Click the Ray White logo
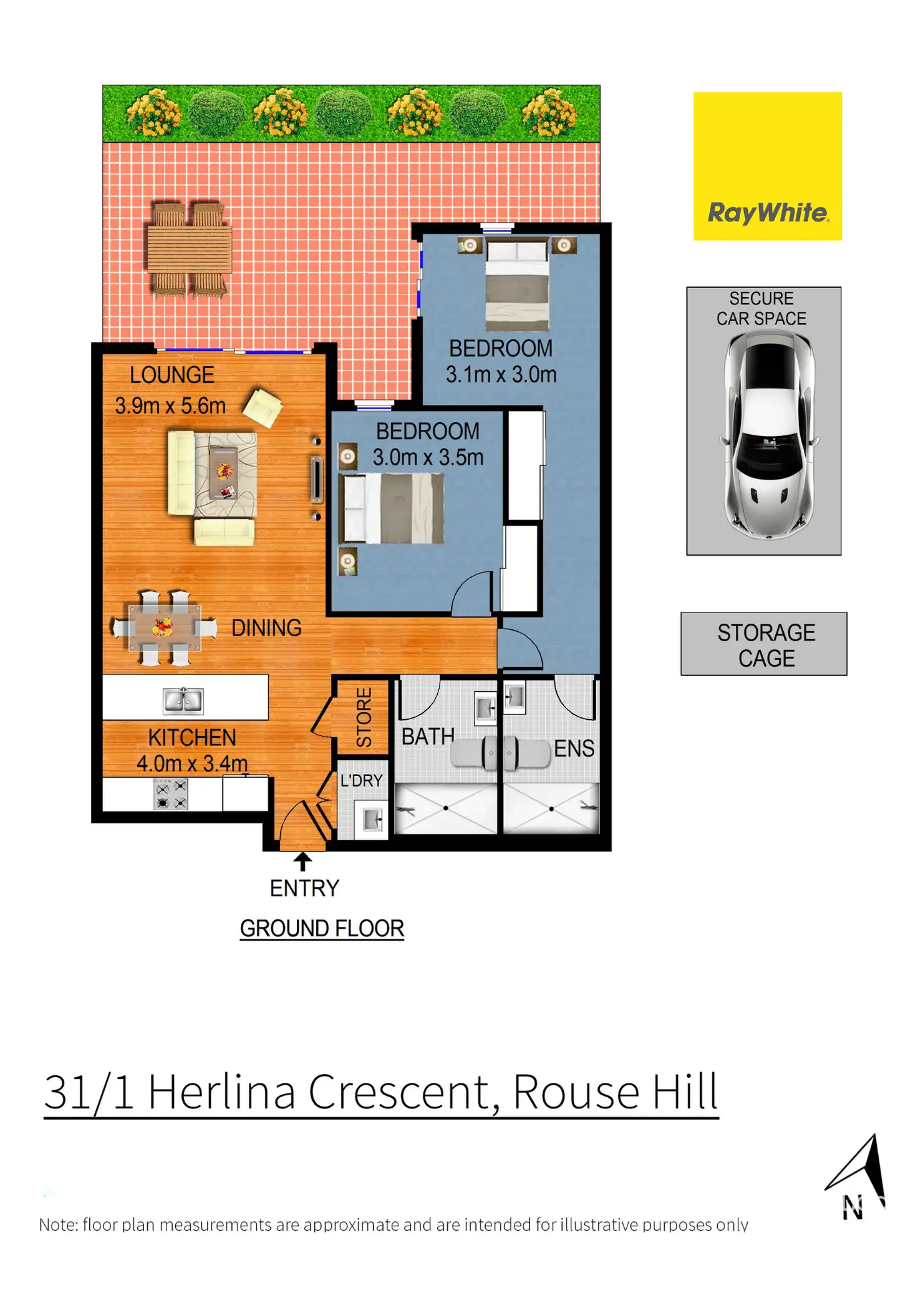coord(767,166)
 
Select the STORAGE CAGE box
coord(763,644)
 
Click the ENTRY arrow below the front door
coord(302,861)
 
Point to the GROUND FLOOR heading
coord(322,928)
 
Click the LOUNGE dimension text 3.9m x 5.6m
coord(170,406)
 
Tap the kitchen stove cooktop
coord(171,795)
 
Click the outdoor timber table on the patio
coord(190,249)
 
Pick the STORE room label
coord(364,717)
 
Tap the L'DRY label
coord(361,780)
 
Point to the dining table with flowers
coord(164,627)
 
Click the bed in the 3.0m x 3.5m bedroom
coord(392,508)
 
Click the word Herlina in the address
coord(221,1092)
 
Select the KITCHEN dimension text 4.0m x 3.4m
coord(192,763)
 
